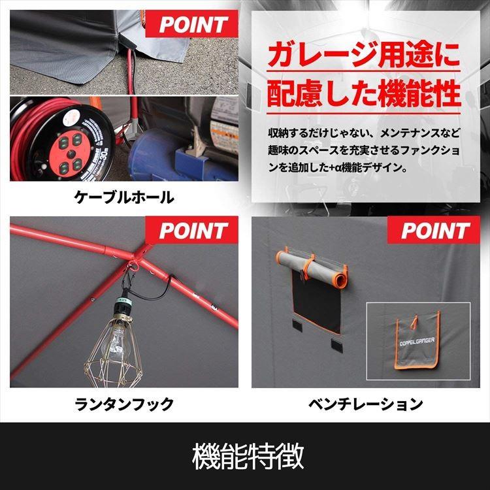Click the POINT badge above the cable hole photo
(x=192, y=24)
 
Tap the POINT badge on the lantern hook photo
(x=192, y=230)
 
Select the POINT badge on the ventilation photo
(x=434, y=230)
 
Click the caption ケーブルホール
(x=124, y=197)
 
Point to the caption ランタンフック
(x=124, y=404)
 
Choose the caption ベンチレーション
(x=366, y=404)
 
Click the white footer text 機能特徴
(x=248, y=456)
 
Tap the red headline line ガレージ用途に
(x=364, y=56)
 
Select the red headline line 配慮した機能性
(x=364, y=93)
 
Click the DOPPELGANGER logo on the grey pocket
(x=417, y=342)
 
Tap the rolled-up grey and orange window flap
(x=312, y=265)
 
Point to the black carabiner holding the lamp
(x=130, y=279)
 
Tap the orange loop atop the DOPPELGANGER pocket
(x=414, y=322)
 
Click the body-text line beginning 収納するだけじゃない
(x=364, y=133)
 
